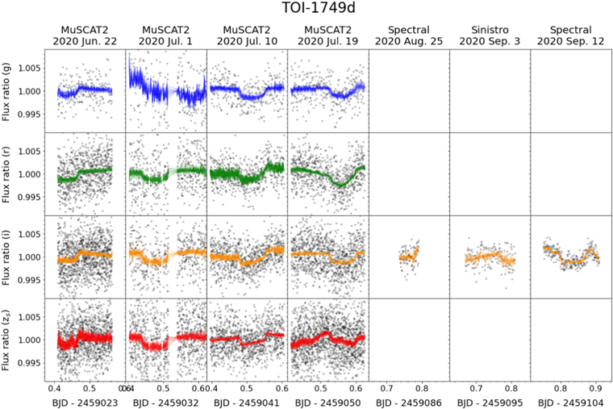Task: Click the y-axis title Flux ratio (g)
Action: coord(10,90)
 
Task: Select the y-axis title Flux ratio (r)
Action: coord(10,173)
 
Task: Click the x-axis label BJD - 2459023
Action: coord(85,401)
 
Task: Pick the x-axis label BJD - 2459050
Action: coord(327,401)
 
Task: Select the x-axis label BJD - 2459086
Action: coord(408,401)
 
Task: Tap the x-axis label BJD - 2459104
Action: coord(570,401)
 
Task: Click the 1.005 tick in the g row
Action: coord(30,68)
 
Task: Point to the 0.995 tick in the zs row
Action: coord(30,364)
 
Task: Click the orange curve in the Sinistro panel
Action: coord(489,258)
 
